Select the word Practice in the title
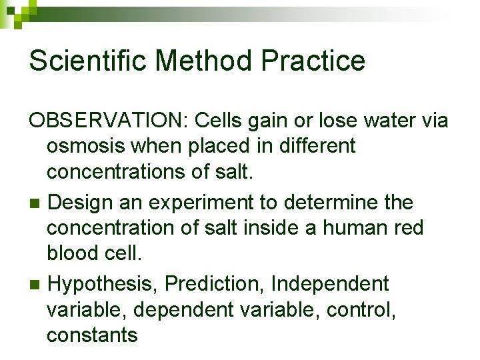point(313,61)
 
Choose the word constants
point(92,335)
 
